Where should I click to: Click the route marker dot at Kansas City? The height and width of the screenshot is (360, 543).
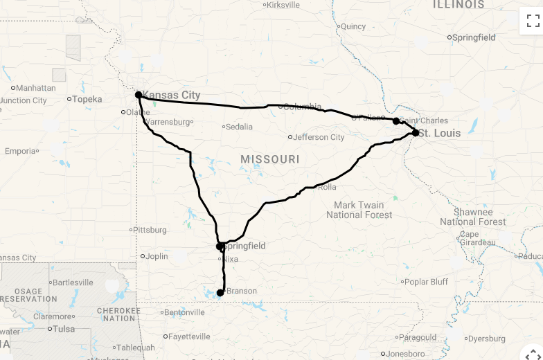pyautogui.click(x=139, y=95)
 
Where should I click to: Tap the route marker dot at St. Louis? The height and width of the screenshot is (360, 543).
pyautogui.click(x=416, y=133)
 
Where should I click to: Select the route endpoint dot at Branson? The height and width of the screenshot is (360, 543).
pyautogui.click(x=220, y=293)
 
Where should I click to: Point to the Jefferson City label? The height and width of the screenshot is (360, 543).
pyautogui.click(x=319, y=137)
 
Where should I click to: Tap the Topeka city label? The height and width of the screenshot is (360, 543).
pyautogui.click(x=87, y=99)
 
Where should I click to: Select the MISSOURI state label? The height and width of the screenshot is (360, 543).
pyautogui.click(x=270, y=159)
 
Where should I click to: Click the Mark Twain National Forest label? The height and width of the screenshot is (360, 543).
pyautogui.click(x=359, y=210)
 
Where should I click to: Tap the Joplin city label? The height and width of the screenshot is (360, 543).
pyautogui.click(x=157, y=256)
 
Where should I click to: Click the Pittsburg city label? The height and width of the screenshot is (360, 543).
pyautogui.click(x=150, y=229)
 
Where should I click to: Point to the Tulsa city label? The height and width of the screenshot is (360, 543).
pyautogui.click(x=64, y=329)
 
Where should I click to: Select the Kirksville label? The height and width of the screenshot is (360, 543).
pyautogui.click(x=283, y=5)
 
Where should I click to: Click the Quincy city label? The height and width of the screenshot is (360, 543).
pyautogui.click(x=353, y=26)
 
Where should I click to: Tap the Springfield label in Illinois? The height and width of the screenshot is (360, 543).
pyautogui.click(x=474, y=37)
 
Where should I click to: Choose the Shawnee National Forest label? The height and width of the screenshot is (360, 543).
pyautogui.click(x=473, y=217)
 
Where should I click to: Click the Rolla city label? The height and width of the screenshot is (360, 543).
pyautogui.click(x=326, y=187)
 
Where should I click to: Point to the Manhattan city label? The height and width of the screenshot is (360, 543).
pyautogui.click(x=36, y=88)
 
